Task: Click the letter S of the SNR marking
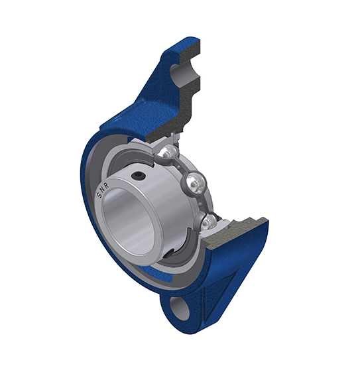click(x=99, y=196)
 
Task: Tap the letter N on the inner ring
click(x=102, y=190)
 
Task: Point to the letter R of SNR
click(x=107, y=186)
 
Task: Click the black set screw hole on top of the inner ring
click(x=139, y=176)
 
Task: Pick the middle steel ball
click(x=196, y=183)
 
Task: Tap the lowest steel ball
click(x=208, y=222)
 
